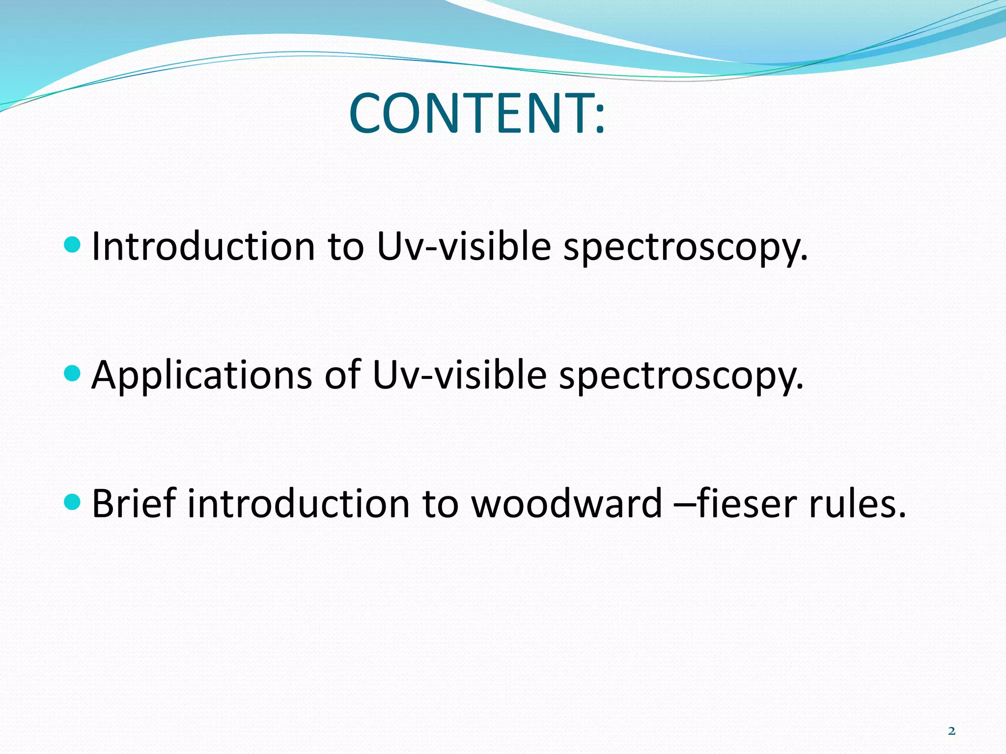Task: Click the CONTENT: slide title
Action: (x=476, y=114)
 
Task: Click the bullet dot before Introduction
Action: (x=72, y=244)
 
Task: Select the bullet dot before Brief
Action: (x=72, y=502)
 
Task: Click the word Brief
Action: (x=134, y=504)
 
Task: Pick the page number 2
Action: (x=951, y=731)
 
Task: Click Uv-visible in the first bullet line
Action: (x=464, y=246)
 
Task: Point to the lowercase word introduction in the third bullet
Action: (x=299, y=504)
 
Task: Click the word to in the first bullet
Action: (x=346, y=247)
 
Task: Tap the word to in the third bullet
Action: (x=440, y=505)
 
